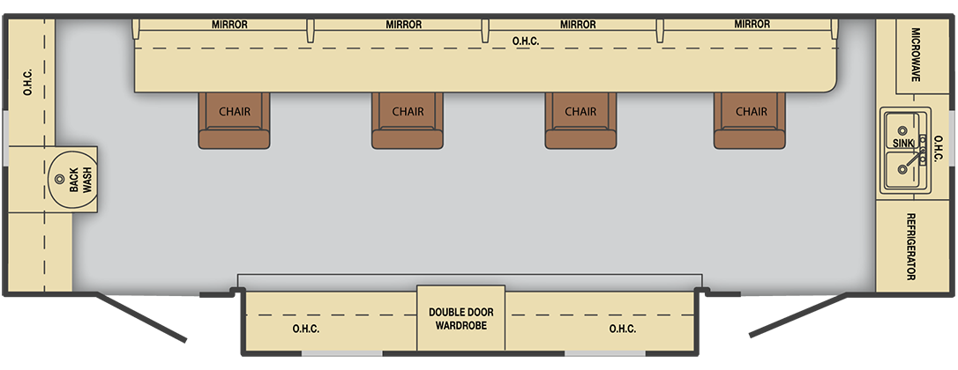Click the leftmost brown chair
coord(234,121)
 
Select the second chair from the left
coord(408,121)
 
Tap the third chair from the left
coord(580,121)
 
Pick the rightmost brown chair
coord(750,121)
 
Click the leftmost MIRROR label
coord(229,25)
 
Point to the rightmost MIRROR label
coord(752,25)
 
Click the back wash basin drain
coord(59,179)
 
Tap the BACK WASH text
coord(81,180)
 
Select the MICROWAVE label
coord(916,55)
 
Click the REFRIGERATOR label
coord(910,247)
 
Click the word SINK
coord(902,143)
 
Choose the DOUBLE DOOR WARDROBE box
coord(460,318)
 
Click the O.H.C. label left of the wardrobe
coord(305,329)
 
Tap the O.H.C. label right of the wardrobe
coord(623,329)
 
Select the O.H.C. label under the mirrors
coord(526,41)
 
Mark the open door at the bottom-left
coord(141,317)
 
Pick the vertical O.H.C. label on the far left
coord(28,82)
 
